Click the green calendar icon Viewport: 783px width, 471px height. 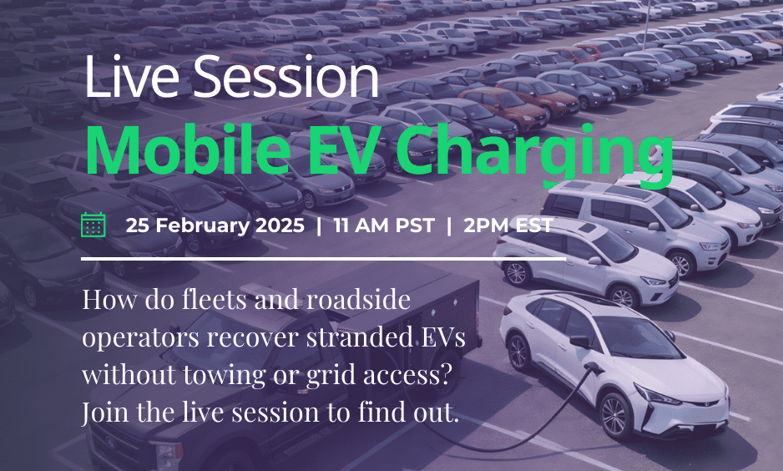(93, 225)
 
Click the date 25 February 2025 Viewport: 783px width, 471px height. (215, 225)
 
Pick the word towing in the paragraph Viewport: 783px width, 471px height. (215, 376)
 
